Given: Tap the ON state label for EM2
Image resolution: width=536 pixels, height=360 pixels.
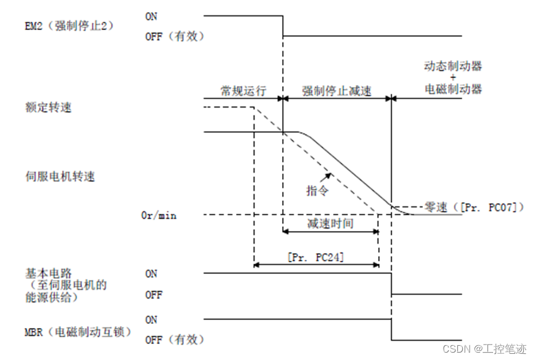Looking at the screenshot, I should coord(151,16).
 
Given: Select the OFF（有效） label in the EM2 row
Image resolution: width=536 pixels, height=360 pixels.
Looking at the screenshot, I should coord(175,36).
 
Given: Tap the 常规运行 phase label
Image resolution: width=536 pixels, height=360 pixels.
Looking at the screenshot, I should coord(243,91).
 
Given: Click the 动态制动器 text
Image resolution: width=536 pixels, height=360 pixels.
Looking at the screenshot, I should coord(453,66).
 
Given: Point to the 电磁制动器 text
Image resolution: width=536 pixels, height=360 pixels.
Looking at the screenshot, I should coord(453,88).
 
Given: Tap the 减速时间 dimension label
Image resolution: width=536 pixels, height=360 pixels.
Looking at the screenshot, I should coord(330,223).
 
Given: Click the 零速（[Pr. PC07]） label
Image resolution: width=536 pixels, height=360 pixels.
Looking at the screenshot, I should coord(474,207).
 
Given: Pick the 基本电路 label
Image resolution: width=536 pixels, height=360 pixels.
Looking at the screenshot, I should coord(42,273).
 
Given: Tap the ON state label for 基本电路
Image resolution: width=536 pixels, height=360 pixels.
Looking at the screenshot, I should coord(151,274).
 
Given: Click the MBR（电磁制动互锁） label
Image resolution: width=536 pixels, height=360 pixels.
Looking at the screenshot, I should coord(77,332).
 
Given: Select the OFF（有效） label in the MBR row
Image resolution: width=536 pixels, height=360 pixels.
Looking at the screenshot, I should coord(175,340).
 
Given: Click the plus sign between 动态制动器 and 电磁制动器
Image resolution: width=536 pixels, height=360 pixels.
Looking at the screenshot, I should coord(453,77).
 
